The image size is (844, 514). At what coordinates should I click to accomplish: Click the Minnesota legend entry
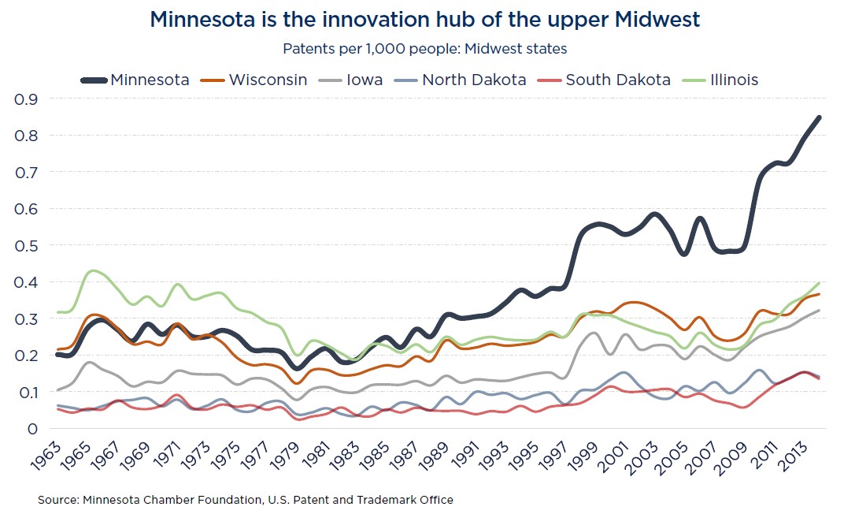pos(135,80)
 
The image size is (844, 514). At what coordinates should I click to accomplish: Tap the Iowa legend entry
pos(350,80)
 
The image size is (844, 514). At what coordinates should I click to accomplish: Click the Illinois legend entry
pos(720,80)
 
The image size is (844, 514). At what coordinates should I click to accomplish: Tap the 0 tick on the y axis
pos(32,429)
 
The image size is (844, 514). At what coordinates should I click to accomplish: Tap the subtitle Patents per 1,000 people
pos(425,49)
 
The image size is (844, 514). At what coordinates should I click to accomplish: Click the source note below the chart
pos(246,500)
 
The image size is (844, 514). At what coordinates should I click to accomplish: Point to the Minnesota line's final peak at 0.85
pos(819,117)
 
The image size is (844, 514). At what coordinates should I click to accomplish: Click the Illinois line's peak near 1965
pos(94,271)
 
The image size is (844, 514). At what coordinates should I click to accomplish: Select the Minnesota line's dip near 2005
pos(684,253)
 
